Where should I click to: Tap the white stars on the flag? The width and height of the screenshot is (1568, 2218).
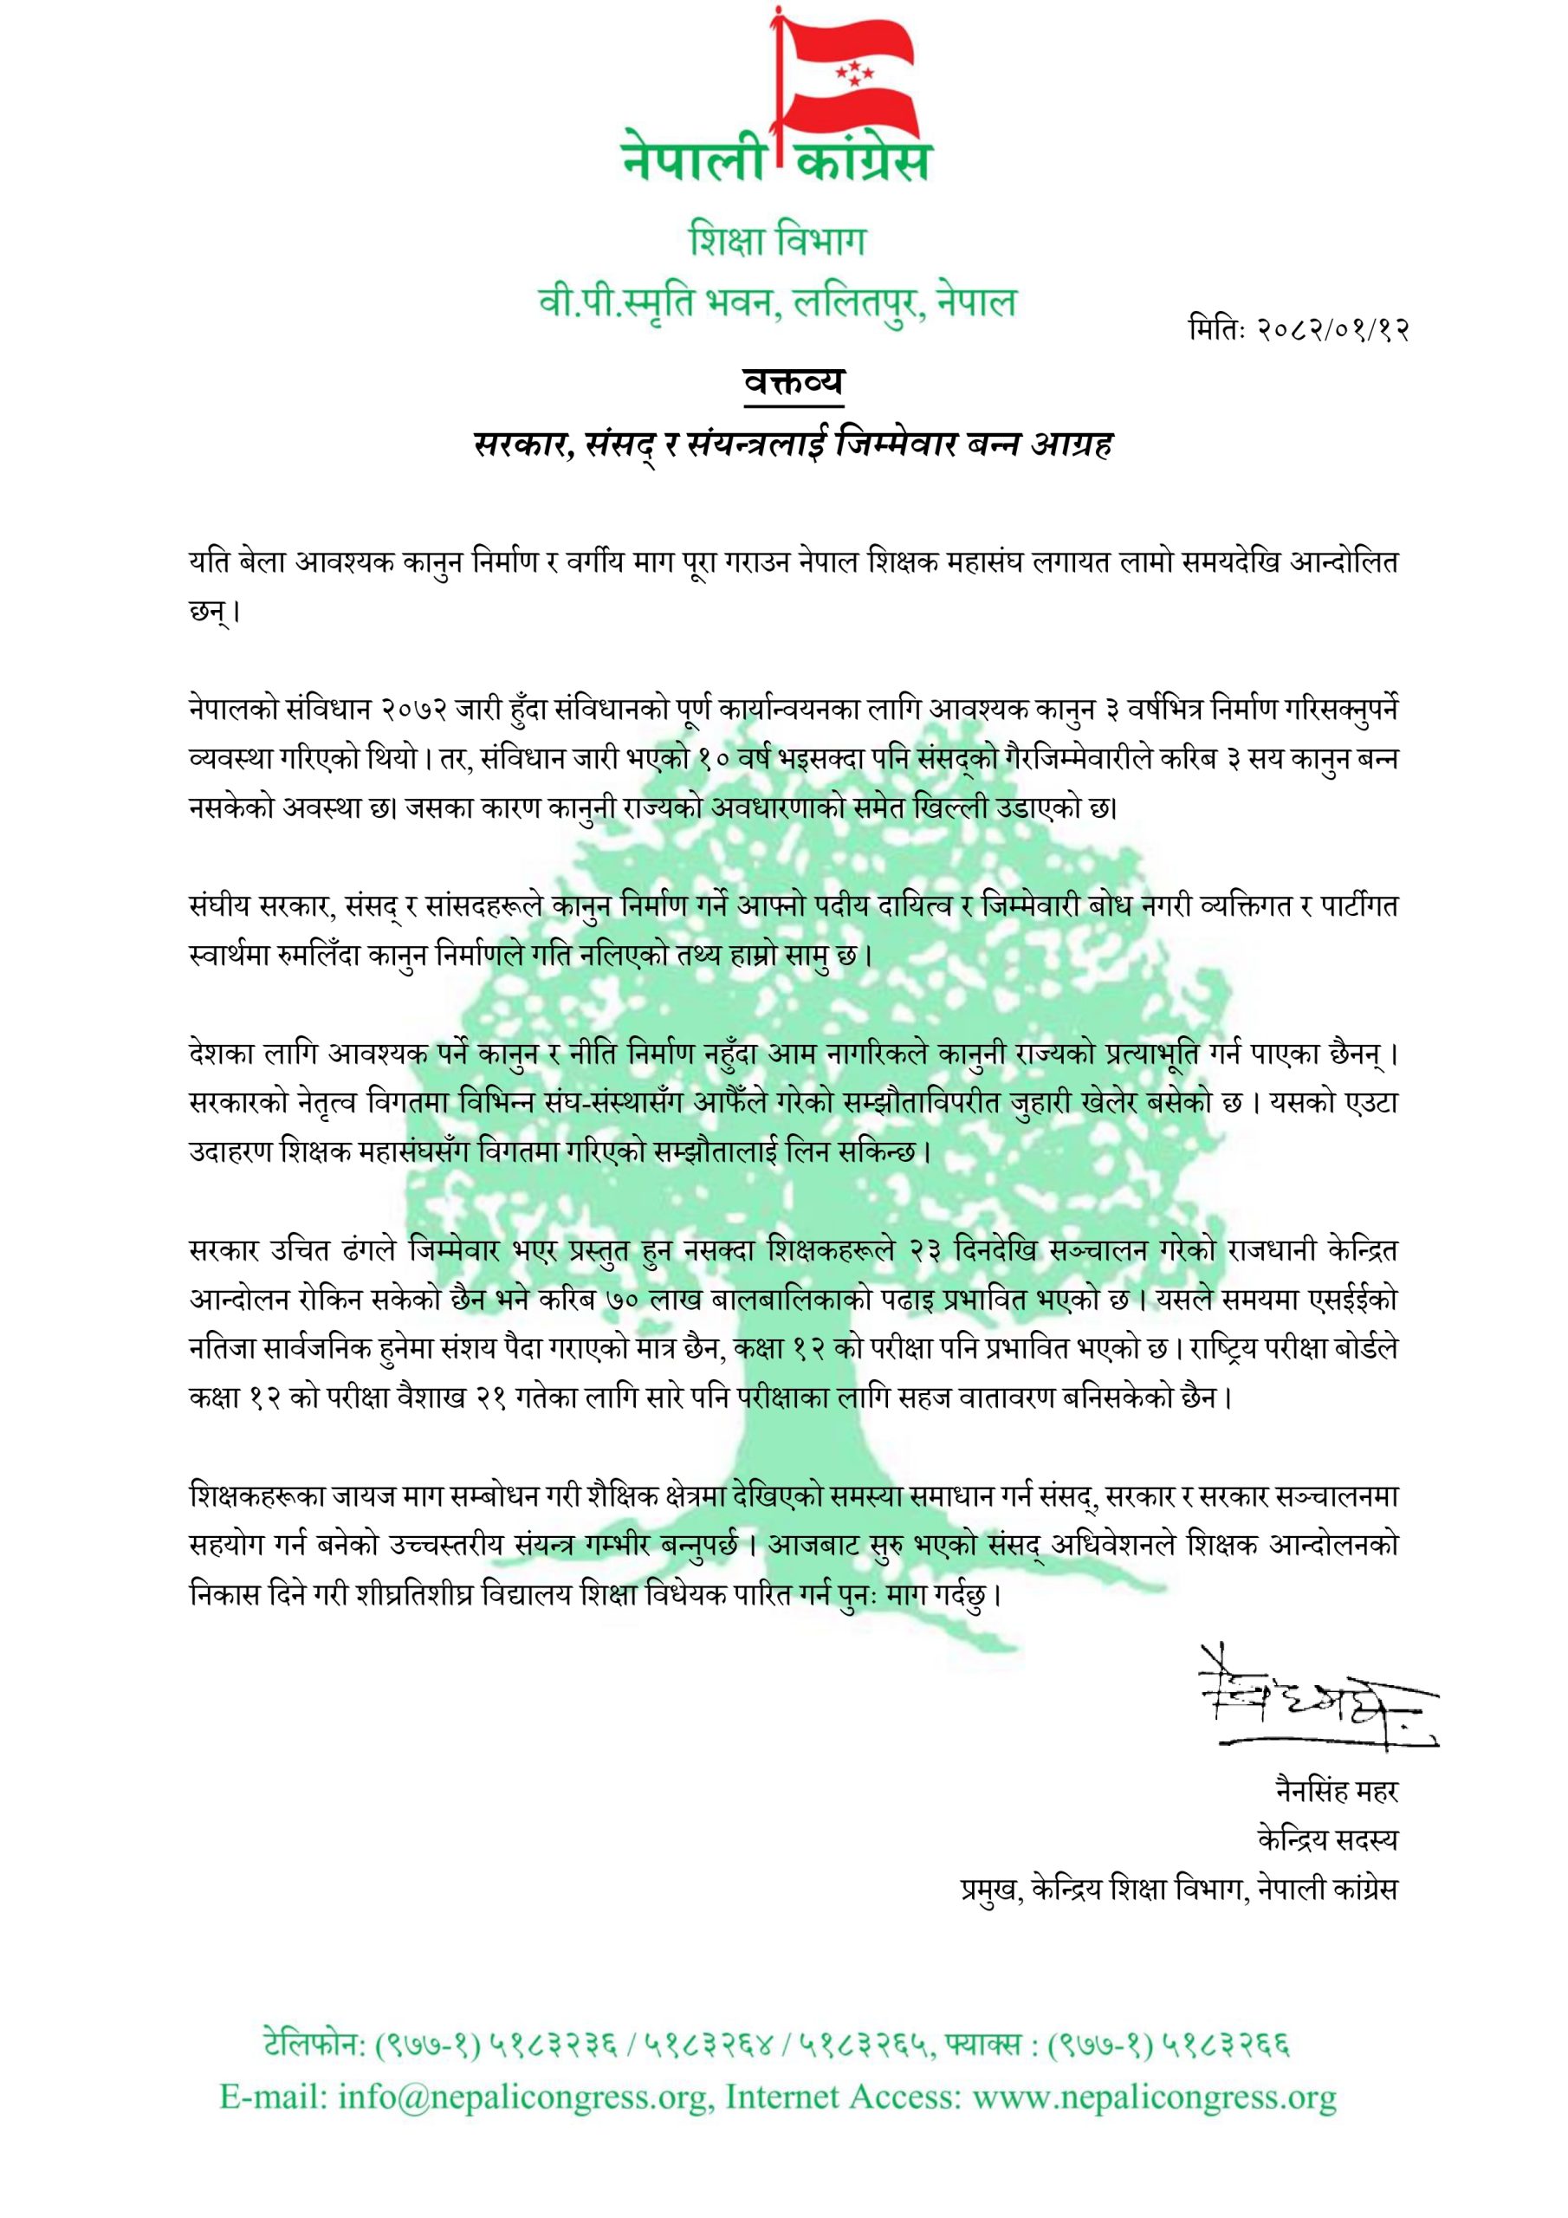tap(852, 74)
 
